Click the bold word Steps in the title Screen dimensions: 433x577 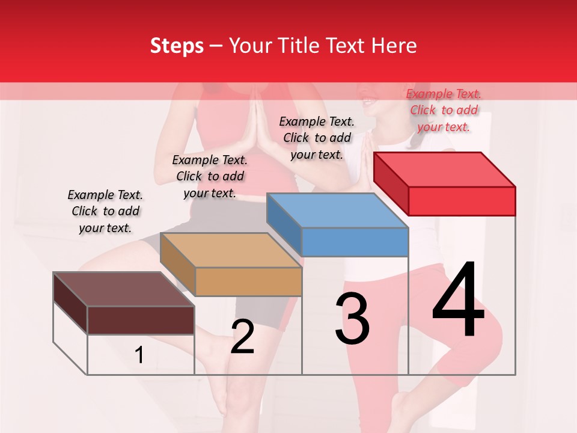click(x=177, y=46)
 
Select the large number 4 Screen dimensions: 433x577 click(x=458, y=301)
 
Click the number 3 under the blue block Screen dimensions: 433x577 click(x=352, y=319)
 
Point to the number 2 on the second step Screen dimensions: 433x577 click(x=242, y=337)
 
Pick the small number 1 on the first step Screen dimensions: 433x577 click(x=139, y=355)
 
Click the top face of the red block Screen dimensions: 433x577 click(x=444, y=169)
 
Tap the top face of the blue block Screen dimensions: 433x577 click(x=337, y=210)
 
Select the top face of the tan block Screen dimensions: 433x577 click(x=230, y=250)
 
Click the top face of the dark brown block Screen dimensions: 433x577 click(x=123, y=289)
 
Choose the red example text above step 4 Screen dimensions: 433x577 click(x=444, y=110)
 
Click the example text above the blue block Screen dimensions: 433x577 click(x=317, y=138)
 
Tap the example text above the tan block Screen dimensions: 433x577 click(x=210, y=176)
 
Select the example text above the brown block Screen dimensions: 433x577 click(x=105, y=211)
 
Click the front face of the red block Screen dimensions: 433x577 click(x=462, y=201)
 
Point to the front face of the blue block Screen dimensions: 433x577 click(x=355, y=242)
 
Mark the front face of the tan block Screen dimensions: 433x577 click(x=248, y=281)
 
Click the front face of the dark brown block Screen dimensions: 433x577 click(x=141, y=320)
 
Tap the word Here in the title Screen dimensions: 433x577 click(x=394, y=46)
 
